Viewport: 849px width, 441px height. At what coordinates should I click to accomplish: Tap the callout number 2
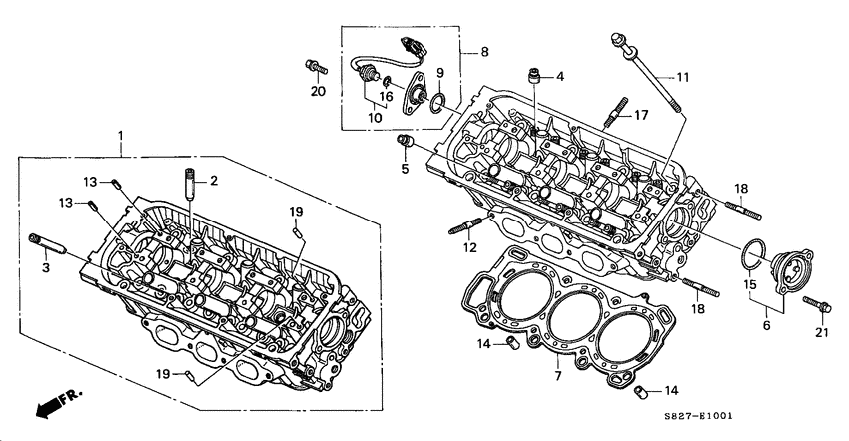point(213,181)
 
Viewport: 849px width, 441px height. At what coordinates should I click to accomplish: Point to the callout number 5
point(405,169)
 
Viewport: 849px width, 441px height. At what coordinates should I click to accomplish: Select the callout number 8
point(485,51)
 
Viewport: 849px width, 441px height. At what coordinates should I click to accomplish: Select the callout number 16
point(386,97)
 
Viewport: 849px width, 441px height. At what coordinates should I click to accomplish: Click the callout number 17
point(641,115)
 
